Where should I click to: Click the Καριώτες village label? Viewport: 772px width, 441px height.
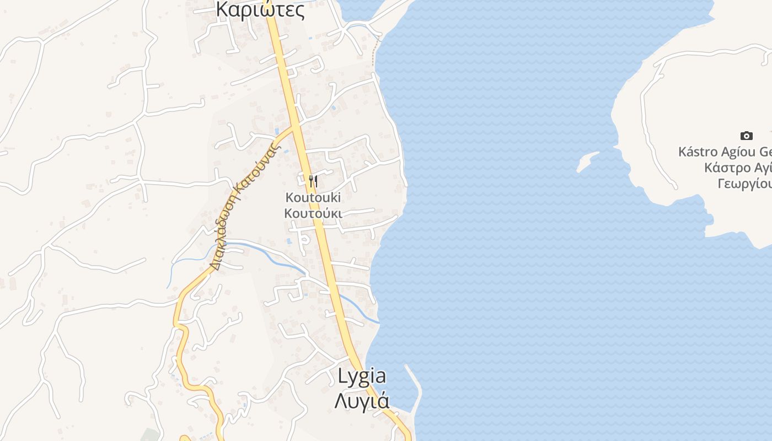click(260, 9)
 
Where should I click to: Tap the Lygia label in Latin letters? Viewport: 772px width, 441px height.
click(362, 376)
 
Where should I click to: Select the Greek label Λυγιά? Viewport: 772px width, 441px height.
click(362, 400)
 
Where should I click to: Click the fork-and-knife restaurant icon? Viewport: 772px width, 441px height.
click(313, 181)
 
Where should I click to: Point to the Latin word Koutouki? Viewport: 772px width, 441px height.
click(313, 197)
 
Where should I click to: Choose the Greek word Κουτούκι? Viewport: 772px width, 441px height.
click(313, 213)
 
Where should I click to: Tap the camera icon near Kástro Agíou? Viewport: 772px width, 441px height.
click(746, 136)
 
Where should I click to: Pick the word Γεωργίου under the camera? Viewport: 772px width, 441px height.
click(744, 184)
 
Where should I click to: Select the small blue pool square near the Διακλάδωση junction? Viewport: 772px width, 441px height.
click(276, 131)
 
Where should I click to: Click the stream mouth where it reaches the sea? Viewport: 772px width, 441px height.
click(378, 322)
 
